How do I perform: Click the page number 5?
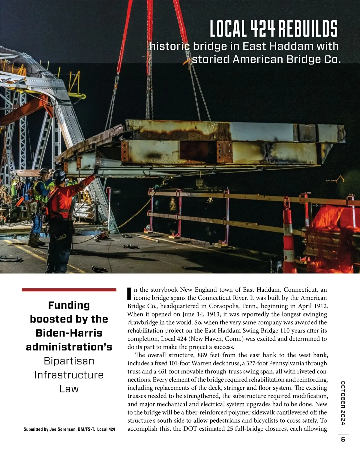[x=343, y=440]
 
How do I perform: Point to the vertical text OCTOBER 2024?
[x=343, y=403]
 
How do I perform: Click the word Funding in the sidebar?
[x=69, y=305]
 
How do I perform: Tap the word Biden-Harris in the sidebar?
[x=69, y=333]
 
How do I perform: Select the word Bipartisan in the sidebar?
[x=69, y=361]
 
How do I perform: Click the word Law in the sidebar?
[x=69, y=389]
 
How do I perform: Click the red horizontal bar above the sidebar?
[x=69, y=290]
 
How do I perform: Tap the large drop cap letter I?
[x=130, y=294]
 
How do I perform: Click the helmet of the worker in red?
[x=59, y=175]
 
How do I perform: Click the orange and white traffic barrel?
[x=289, y=237]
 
